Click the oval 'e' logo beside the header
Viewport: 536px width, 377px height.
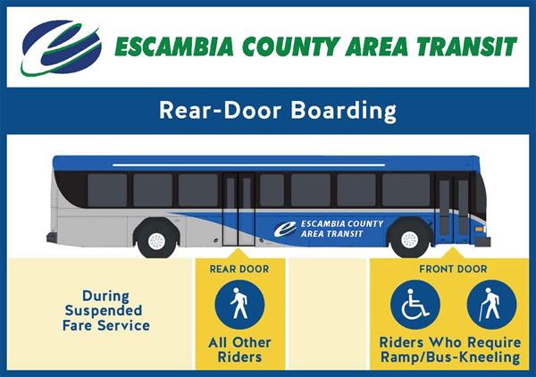(x=62, y=47)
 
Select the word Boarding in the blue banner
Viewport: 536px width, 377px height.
(x=344, y=112)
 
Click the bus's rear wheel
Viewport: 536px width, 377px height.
(x=157, y=240)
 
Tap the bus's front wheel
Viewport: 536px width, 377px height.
(x=409, y=240)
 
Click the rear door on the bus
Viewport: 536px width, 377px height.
(x=239, y=210)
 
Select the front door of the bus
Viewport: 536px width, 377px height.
(x=454, y=210)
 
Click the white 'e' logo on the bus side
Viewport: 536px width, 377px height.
(x=285, y=229)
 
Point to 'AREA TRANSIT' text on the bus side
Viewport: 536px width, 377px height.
(x=331, y=234)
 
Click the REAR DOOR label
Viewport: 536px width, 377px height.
(x=239, y=269)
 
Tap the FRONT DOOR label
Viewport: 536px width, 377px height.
(x=453, y=269)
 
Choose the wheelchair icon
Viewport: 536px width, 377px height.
(x=415, y=305)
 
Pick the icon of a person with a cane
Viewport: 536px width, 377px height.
(x=491, y=305)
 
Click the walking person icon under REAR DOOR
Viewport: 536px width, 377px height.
(x=239, y=305)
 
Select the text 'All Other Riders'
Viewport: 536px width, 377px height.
(x=239, y=349)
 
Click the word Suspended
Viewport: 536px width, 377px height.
(x=104, y=311)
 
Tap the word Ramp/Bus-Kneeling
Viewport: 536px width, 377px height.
(x=450, y=357)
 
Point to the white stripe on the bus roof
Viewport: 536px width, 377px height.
(x=248, y=165)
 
